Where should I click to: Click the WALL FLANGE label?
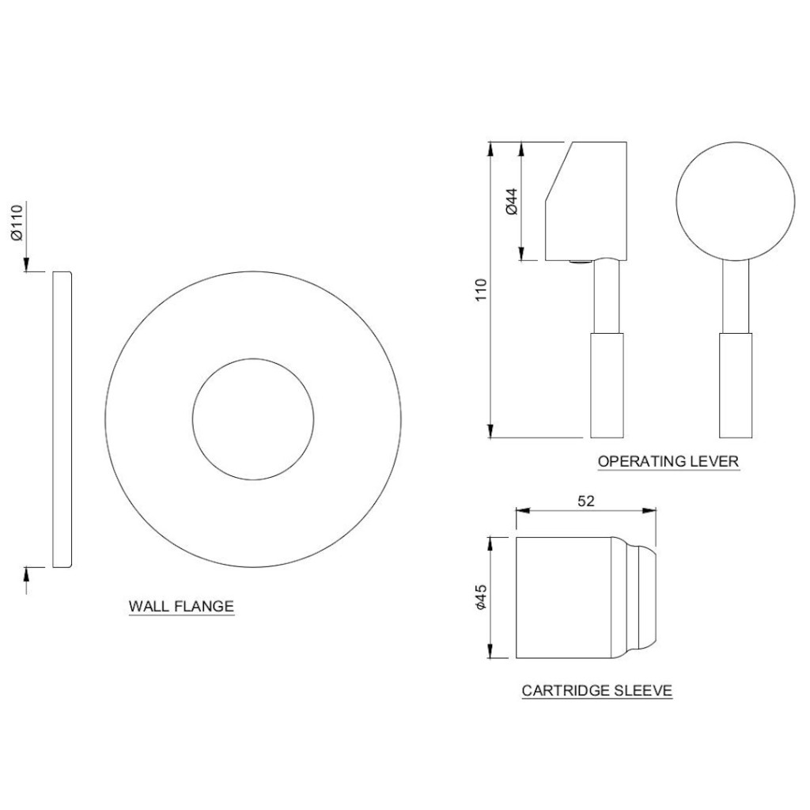(x=181, y=606)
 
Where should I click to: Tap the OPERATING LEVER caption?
(x=668, y=461)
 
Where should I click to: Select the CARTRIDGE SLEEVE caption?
(x=597, y=690)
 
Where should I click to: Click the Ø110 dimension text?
(x=18, y=222)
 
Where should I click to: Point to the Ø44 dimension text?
(x=512, y=202)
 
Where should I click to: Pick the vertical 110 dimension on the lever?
(x=482, y=290)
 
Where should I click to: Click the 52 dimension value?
(x=586, y=501)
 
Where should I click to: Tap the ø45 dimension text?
(x=481, y=597)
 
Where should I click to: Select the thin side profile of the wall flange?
(x=62, y=419)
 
